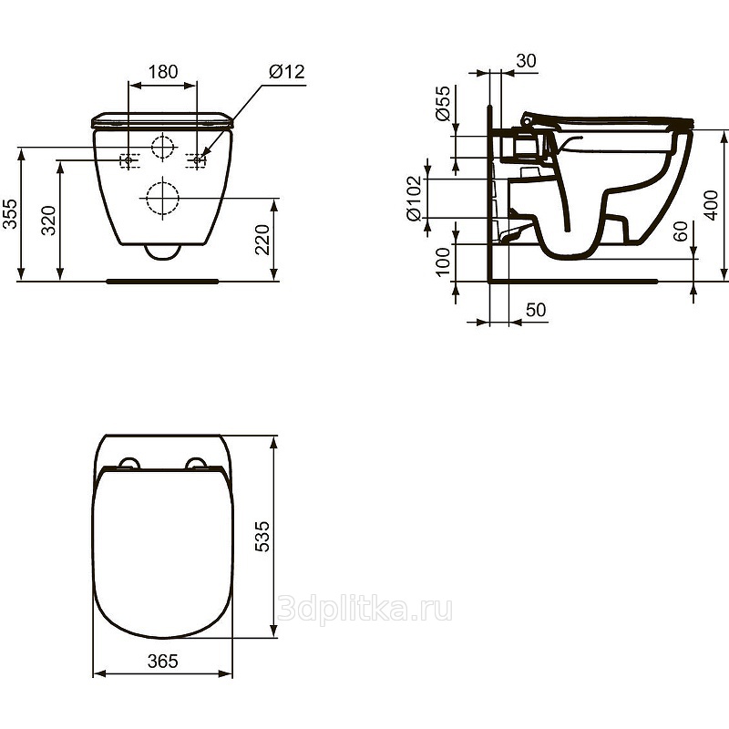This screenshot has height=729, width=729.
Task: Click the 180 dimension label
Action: (x=163, y=72)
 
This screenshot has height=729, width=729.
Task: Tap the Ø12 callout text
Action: (x=287, y=72)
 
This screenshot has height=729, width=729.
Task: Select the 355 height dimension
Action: (x=10, y=214)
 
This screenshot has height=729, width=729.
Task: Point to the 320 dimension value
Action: (x=48, y=221)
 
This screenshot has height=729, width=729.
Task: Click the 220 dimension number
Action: (x=262, y=240)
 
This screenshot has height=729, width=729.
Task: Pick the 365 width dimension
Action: (x=163, y=661)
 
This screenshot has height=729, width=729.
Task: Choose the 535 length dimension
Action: (x=262, y=537)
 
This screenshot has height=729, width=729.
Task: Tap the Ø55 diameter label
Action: (x=443, y=103)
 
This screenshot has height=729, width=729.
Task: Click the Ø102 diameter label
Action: (x=414, y=198)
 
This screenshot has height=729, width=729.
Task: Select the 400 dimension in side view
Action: (x=711, y=205)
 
